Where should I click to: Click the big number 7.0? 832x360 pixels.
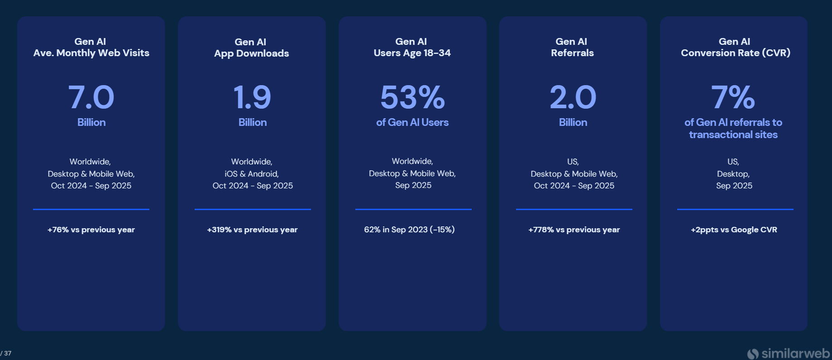coord(91,97)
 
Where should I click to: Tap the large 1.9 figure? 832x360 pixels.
coord(252,97)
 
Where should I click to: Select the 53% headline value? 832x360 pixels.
coord(412,97)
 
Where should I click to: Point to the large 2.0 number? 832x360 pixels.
coord(573,97)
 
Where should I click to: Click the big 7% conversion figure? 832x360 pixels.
coord(733,97)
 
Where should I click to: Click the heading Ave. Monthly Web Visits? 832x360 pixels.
coord(91,53)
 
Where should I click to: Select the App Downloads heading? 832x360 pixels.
coord(252,53)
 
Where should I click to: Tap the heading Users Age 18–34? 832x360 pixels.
coord(412,53)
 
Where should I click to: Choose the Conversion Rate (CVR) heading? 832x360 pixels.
coord(735,53)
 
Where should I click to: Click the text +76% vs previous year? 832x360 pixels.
coord(91,230)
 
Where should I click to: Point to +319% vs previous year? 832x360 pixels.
coord(252,230)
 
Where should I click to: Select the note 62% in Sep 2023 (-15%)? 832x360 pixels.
coord(409,230)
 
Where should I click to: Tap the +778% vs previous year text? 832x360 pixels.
coord(574,230)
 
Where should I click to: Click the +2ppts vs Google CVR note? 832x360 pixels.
coord(734,230)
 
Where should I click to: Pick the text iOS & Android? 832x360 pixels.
coord(252,174)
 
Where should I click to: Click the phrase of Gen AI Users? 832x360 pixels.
coord(412,122)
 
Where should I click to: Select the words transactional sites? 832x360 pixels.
coord(733,134)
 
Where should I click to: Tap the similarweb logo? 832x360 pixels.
coord(789,353)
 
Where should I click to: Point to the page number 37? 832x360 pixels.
coord(8,353)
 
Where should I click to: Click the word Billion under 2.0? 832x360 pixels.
coord(573,122)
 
